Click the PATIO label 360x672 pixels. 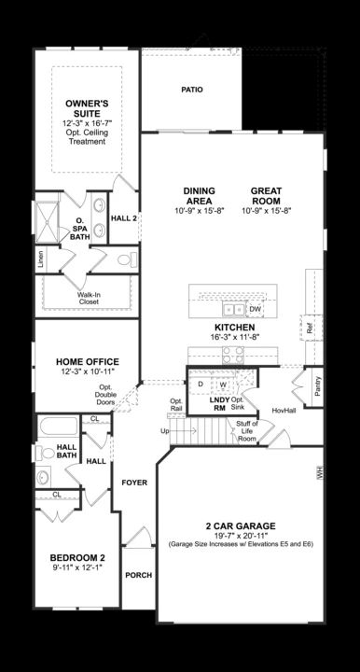pos(191,91)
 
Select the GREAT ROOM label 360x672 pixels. pos(266,196)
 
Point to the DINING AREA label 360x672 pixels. pos(200,196)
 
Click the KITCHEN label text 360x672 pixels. pos(235,328)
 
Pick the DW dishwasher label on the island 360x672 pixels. pos(256,309)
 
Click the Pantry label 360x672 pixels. pos(318,386)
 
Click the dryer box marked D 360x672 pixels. pos(201,384)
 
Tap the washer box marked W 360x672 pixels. pos(223,384)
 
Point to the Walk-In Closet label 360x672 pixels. pos(89,298)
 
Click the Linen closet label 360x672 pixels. pos(40,259)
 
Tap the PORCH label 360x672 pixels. pos(139,575)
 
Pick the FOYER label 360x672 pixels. pos(135,483)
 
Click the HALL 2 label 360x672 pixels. pos(124,218)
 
